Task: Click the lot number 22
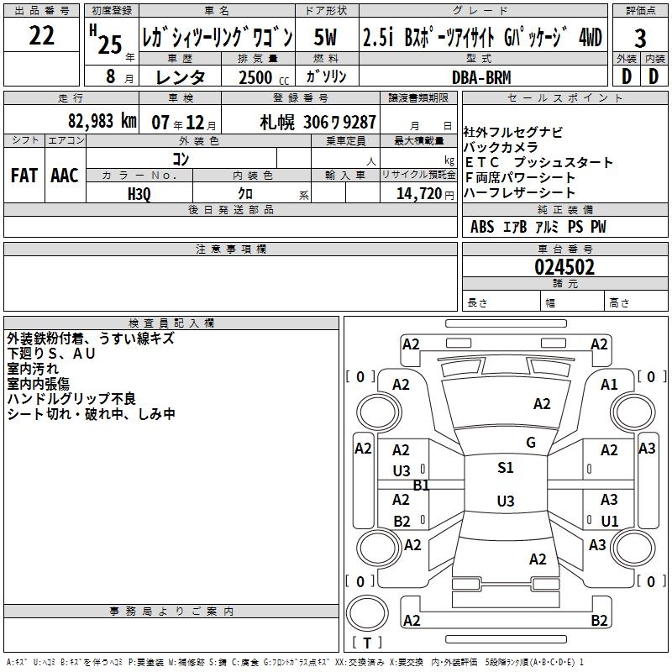click(42, 36)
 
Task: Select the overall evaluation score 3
click(640, 38)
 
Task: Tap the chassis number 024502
click(564, 267)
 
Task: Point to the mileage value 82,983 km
click(102, 121)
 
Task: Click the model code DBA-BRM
click(481, 77)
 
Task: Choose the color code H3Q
click(139, 194)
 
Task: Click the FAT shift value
click(24, 176)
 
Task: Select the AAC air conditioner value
click(65, 176)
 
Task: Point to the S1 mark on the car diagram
click(505, 468)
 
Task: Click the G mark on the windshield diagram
click(530, 443)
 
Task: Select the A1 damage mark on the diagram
click(609, 385)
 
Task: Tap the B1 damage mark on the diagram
click(421, 486)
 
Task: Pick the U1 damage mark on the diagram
click(609, 521)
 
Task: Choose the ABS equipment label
click(482, 227)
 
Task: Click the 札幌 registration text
click(277, 121)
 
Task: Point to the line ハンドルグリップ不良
click(71, 398)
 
